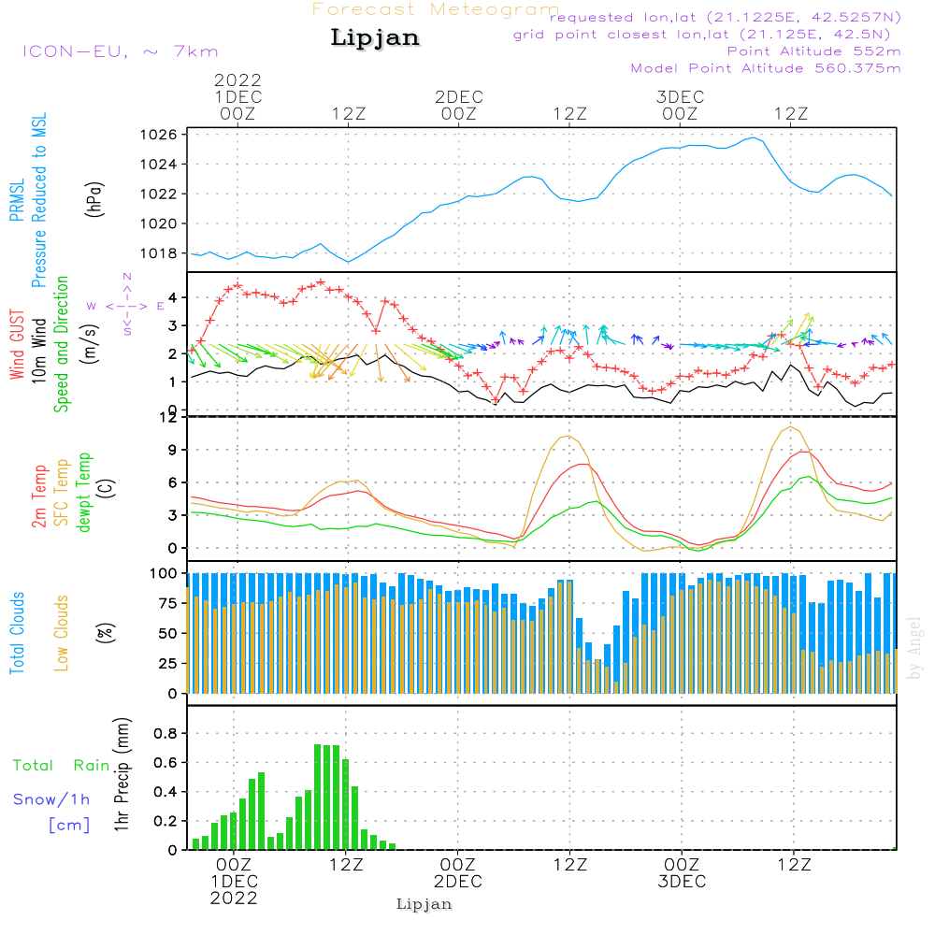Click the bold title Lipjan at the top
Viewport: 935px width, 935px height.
pos(374,38)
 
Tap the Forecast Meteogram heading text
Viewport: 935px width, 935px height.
pos(436,10)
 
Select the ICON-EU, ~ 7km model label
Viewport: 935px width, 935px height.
pos(120,52)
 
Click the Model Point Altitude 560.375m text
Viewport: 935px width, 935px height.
pos(765,68)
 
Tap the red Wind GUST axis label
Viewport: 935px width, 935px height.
pos(17,347)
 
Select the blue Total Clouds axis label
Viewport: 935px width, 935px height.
pos(17,632)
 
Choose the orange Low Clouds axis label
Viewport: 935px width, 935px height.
pos(62,632)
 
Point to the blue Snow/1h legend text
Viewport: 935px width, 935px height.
pos(52,800)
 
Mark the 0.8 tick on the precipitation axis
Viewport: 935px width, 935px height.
pos(165,733)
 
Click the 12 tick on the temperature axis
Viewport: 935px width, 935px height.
pos(168,417)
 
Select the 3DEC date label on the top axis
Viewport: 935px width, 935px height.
pos(680,97)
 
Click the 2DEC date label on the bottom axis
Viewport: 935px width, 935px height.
pos(458,882)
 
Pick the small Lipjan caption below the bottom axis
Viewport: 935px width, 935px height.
pos(424,904)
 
